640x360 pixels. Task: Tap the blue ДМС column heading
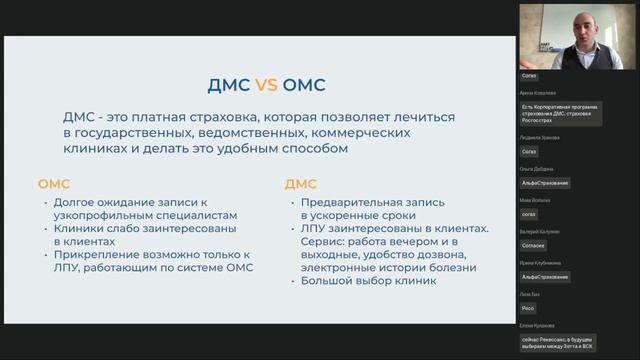coord(301,184)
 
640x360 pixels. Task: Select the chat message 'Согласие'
coord(534,245)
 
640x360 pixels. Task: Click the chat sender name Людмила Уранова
coord(541,138)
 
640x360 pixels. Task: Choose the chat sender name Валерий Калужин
coord(541,231)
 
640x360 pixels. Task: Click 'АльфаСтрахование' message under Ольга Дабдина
coord(545,183)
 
